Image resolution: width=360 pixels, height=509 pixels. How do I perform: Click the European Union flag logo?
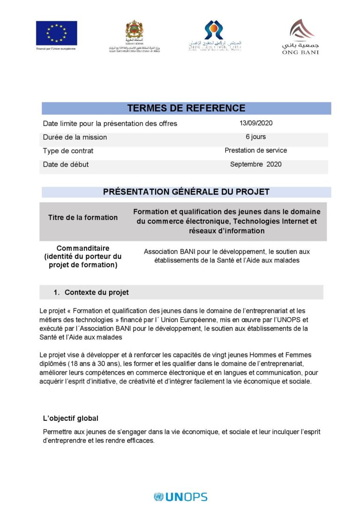click(x=56, y=33)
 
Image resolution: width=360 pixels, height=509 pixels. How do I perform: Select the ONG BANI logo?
click(x=300, y=37)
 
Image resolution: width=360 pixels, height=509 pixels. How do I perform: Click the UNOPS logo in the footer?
click(x=180, y=497)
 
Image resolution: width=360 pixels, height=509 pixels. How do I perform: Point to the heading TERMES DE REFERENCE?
click(x=186, y=108)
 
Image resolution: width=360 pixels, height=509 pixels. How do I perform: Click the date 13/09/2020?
click(x=256, y=123)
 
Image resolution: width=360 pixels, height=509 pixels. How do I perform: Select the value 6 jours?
click(x=256, y=137)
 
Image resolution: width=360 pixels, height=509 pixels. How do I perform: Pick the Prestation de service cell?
click(x=256, y=150)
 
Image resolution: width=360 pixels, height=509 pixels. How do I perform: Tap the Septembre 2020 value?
click(x=256, y=165)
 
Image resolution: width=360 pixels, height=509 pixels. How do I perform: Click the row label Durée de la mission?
click(x=75, y=137)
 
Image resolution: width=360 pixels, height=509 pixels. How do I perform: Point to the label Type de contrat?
click(x=68, y=151)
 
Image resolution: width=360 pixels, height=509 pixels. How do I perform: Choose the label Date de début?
click(x=66, y=165)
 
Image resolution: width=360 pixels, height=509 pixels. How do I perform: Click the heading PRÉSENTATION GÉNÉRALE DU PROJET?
click(x=186, y=192)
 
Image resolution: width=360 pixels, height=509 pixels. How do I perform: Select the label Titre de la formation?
click(x=83, y=217)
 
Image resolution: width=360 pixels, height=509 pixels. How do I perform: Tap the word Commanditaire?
click(x=83, y=248)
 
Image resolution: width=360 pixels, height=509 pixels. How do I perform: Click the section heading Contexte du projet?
click(x=97, y=292)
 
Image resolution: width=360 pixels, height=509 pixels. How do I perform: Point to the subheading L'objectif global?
click(x=71, y=419)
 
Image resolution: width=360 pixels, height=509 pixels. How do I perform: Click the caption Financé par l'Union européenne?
click(x=56, y=48)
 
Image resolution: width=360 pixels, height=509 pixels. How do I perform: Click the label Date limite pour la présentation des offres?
click(x=110, y=124)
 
